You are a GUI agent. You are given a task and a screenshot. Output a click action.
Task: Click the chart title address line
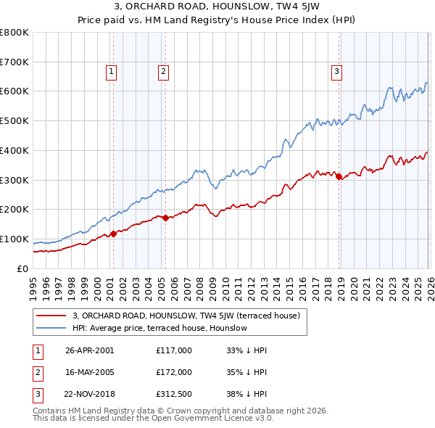coord(217,7)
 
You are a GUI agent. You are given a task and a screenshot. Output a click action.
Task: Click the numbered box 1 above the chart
coord(112,71)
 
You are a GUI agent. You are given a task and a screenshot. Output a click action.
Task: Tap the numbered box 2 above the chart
coord(164,71)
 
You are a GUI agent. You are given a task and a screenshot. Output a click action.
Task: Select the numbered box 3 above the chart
coord(337,71)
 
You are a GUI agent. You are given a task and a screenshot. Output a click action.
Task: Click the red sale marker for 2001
coord(113,234)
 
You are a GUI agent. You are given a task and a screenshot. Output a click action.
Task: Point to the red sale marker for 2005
coord(165,217)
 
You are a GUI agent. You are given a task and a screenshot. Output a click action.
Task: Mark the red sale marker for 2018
coord(339,176)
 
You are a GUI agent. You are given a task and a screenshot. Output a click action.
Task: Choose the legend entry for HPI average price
coord(160,329)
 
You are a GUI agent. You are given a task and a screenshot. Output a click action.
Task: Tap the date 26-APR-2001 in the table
coord(90,350)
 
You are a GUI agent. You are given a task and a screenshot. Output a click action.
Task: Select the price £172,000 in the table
coord(174,372)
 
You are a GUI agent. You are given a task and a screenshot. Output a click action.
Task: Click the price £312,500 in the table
coord(174,394)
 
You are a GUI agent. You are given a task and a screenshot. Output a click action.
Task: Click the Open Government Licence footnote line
coord(154,419)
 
